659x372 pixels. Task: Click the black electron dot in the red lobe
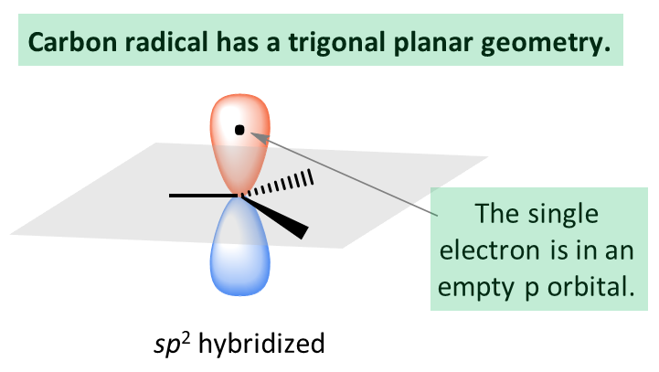(239, 130)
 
